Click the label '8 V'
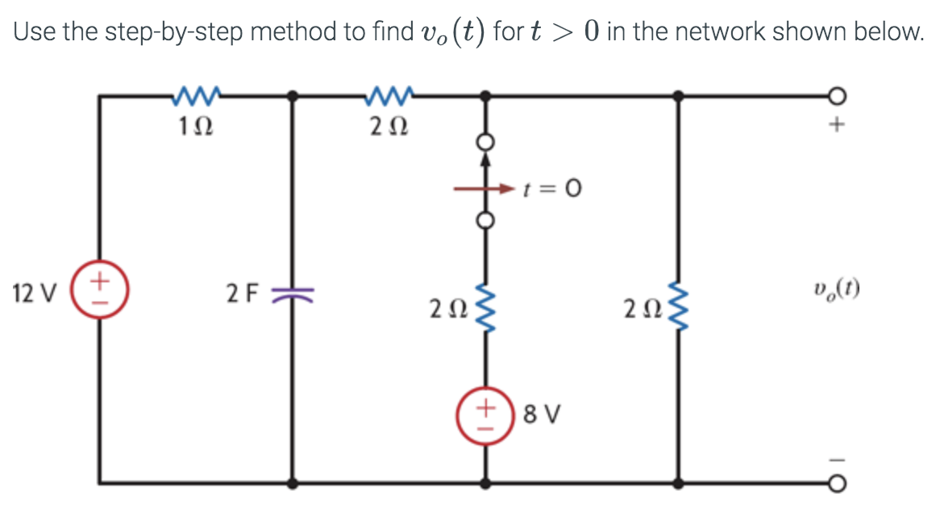(542, 416)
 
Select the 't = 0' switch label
(552, 190)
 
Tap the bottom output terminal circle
(838, 483)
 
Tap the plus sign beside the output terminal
(838, 126)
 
